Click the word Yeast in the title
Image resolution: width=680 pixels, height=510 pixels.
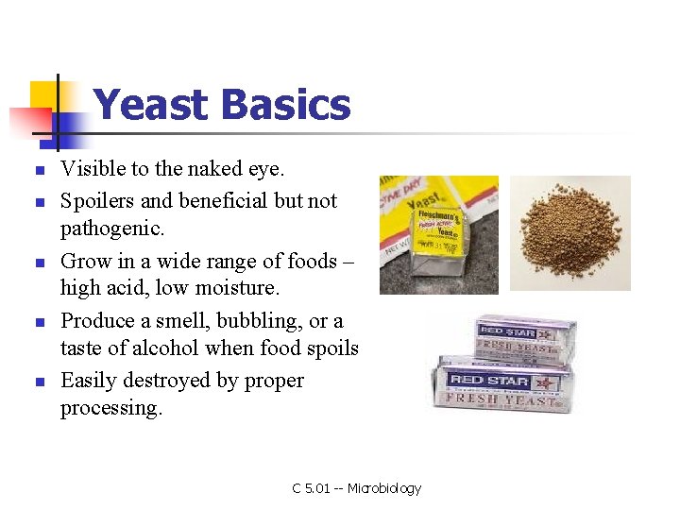tap(151, 105)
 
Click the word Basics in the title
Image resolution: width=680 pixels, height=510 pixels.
tap(285, 105)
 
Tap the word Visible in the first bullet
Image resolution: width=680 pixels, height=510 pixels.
tap(92, 169)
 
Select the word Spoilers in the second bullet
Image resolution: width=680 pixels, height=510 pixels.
tap(96, 200)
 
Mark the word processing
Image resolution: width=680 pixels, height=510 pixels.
tap(110, 408)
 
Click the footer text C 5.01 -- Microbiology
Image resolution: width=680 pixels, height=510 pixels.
tap(356, 488)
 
